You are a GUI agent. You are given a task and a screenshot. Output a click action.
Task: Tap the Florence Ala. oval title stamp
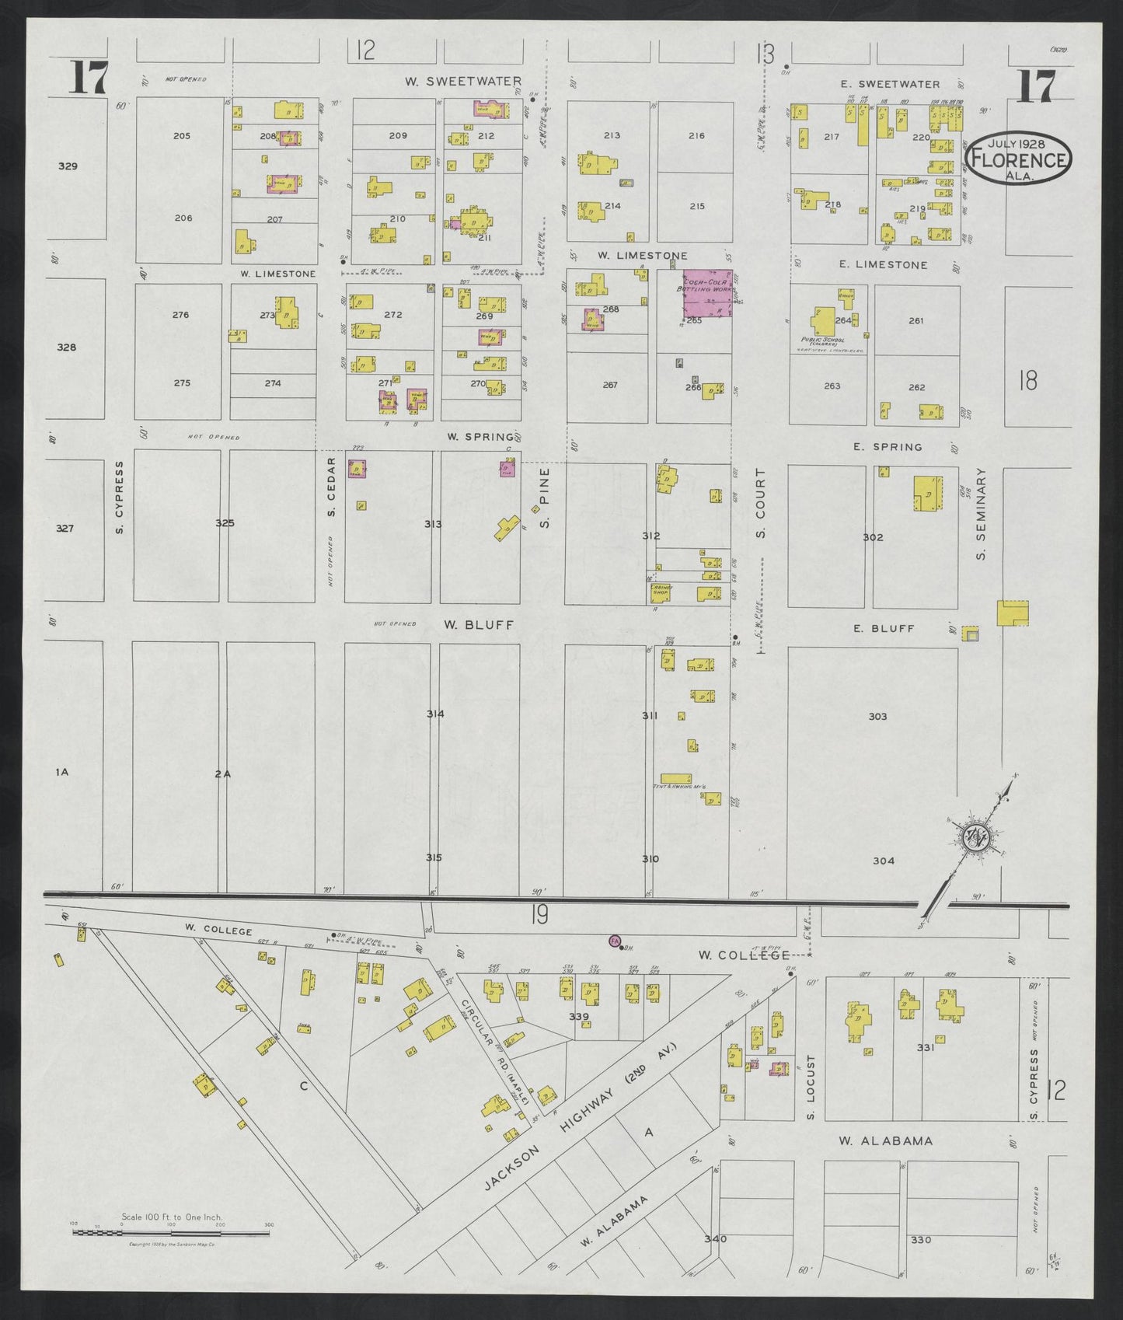tap(1017, 157)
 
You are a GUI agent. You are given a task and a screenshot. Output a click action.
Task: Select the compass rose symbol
tap(974, 839)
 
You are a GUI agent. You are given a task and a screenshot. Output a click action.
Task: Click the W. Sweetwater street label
tap(463, 81)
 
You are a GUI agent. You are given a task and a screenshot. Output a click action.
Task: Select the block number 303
tap(877, 716)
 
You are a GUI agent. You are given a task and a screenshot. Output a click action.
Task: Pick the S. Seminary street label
tap(981, 512)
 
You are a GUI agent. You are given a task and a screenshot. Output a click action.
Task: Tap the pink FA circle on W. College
tap(614, 941)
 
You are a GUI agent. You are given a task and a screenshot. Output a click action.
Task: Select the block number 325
tap(225, 523)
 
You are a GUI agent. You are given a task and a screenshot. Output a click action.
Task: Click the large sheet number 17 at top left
tap(87, 78)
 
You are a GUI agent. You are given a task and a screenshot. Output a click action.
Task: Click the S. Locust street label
tap(810, 1086)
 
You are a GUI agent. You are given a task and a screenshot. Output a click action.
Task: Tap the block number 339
tap(579, 1016)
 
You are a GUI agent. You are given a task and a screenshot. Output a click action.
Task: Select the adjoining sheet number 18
tap(1027, 381)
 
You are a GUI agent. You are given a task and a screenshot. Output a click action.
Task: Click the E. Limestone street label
tap(883, 265)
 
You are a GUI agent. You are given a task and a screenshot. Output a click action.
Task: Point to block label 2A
tap(222, 773)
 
